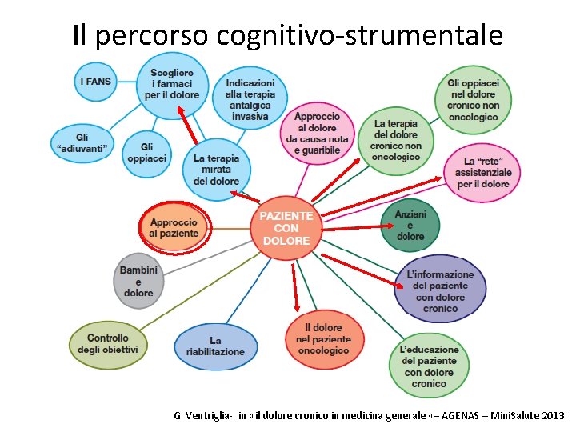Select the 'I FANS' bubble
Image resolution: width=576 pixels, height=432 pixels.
click(96, 81)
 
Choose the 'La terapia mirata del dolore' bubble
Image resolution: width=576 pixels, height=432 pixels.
click(216, 169)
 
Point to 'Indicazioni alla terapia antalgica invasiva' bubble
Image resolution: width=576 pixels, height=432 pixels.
click(249, 99)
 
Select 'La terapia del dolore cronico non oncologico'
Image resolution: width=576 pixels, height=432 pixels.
click(396, 140)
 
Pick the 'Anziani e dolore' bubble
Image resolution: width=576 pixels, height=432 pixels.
click(410, 225)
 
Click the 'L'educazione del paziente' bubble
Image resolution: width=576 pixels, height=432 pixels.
click(429, 366)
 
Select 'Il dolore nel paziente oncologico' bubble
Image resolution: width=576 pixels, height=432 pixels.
click(324, 339)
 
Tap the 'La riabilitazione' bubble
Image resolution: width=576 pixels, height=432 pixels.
click(215, 346)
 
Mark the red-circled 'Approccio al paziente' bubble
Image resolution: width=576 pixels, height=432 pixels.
click(174, 227)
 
